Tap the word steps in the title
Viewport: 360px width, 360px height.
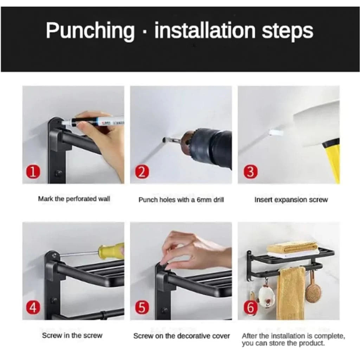(x=288, y=31)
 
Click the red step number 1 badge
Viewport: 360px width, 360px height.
(x=33, y=172)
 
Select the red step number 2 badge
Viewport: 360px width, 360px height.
(x=142, y=172)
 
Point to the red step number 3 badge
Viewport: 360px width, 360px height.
(x=250, y=172)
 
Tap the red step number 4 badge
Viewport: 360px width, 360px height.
(x=33, y=308)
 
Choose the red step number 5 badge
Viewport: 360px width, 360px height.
(x=142, y=308)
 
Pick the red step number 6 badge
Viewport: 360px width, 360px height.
(x=250, y=308)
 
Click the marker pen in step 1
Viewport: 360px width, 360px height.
(x=93, y=121)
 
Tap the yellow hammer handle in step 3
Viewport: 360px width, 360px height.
(x=332, y=161)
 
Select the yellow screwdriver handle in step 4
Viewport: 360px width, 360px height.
(x=111, y=250)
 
